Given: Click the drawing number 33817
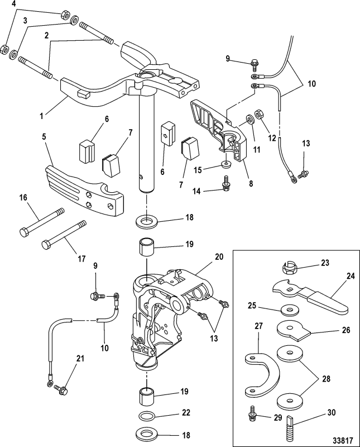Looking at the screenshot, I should (x=337, y=432).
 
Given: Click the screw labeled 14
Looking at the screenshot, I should (x=225, y=184).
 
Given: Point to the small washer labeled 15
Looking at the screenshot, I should (x=226, y=165).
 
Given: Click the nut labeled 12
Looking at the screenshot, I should (x=259, y=115).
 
